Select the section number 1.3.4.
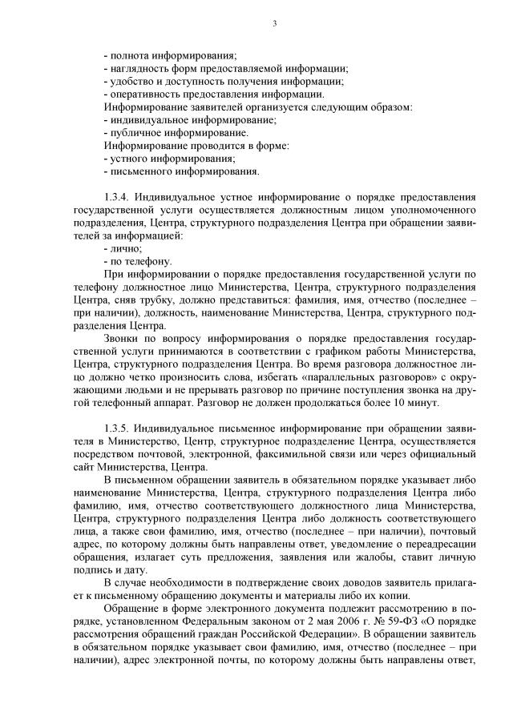[118, 195]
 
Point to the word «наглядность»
[139, 70]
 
